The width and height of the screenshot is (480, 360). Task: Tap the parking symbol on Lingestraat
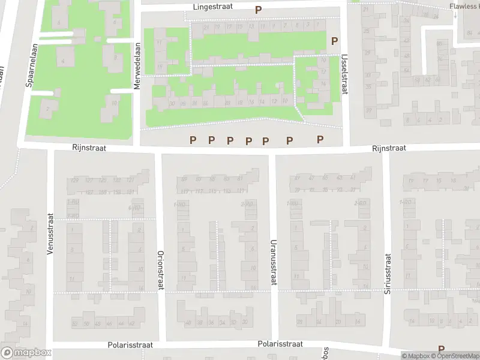click(x=258, y=10)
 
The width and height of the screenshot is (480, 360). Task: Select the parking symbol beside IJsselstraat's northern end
click(x=334, y=41)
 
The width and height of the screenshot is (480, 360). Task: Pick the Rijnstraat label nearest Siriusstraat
click(x=389, y=148)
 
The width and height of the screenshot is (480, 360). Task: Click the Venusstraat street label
click(x=50, y=235)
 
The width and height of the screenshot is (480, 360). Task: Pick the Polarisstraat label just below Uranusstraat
click(x=280, y=344)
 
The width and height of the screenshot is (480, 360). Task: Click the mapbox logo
click(x=26, y=353)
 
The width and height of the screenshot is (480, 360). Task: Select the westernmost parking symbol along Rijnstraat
click(x=193, y=140)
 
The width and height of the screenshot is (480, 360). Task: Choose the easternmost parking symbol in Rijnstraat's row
click(x=320, y=139)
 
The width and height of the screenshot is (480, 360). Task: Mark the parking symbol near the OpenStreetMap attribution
click(x=442, y=349)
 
